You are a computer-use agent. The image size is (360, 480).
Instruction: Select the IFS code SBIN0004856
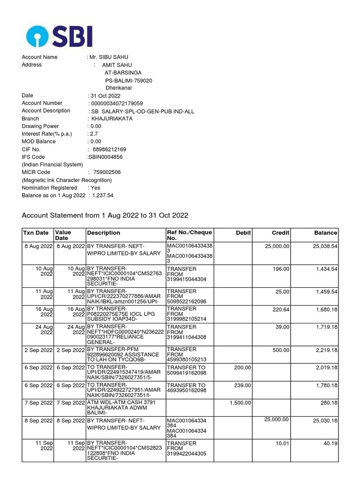coord(107,157)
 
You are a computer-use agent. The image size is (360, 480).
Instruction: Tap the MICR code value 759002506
coord(107,172)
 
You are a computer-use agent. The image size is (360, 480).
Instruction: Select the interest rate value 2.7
coord(94,134)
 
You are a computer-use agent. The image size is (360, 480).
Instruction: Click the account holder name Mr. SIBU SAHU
coord(109,57)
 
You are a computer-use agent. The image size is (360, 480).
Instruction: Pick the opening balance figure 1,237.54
coord(103,195)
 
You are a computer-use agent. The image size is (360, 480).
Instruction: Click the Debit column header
coord(243,233)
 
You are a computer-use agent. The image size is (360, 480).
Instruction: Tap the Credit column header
coord(280,233)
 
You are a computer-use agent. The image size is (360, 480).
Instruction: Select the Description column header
coord(103,233)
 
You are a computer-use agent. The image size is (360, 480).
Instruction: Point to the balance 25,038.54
coord(325,246)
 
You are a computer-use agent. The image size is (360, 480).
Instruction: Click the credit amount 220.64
coord(281,309)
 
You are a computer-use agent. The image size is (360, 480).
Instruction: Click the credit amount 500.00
coord(281,350)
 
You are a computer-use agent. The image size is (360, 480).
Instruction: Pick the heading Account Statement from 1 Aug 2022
coord(105,215)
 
